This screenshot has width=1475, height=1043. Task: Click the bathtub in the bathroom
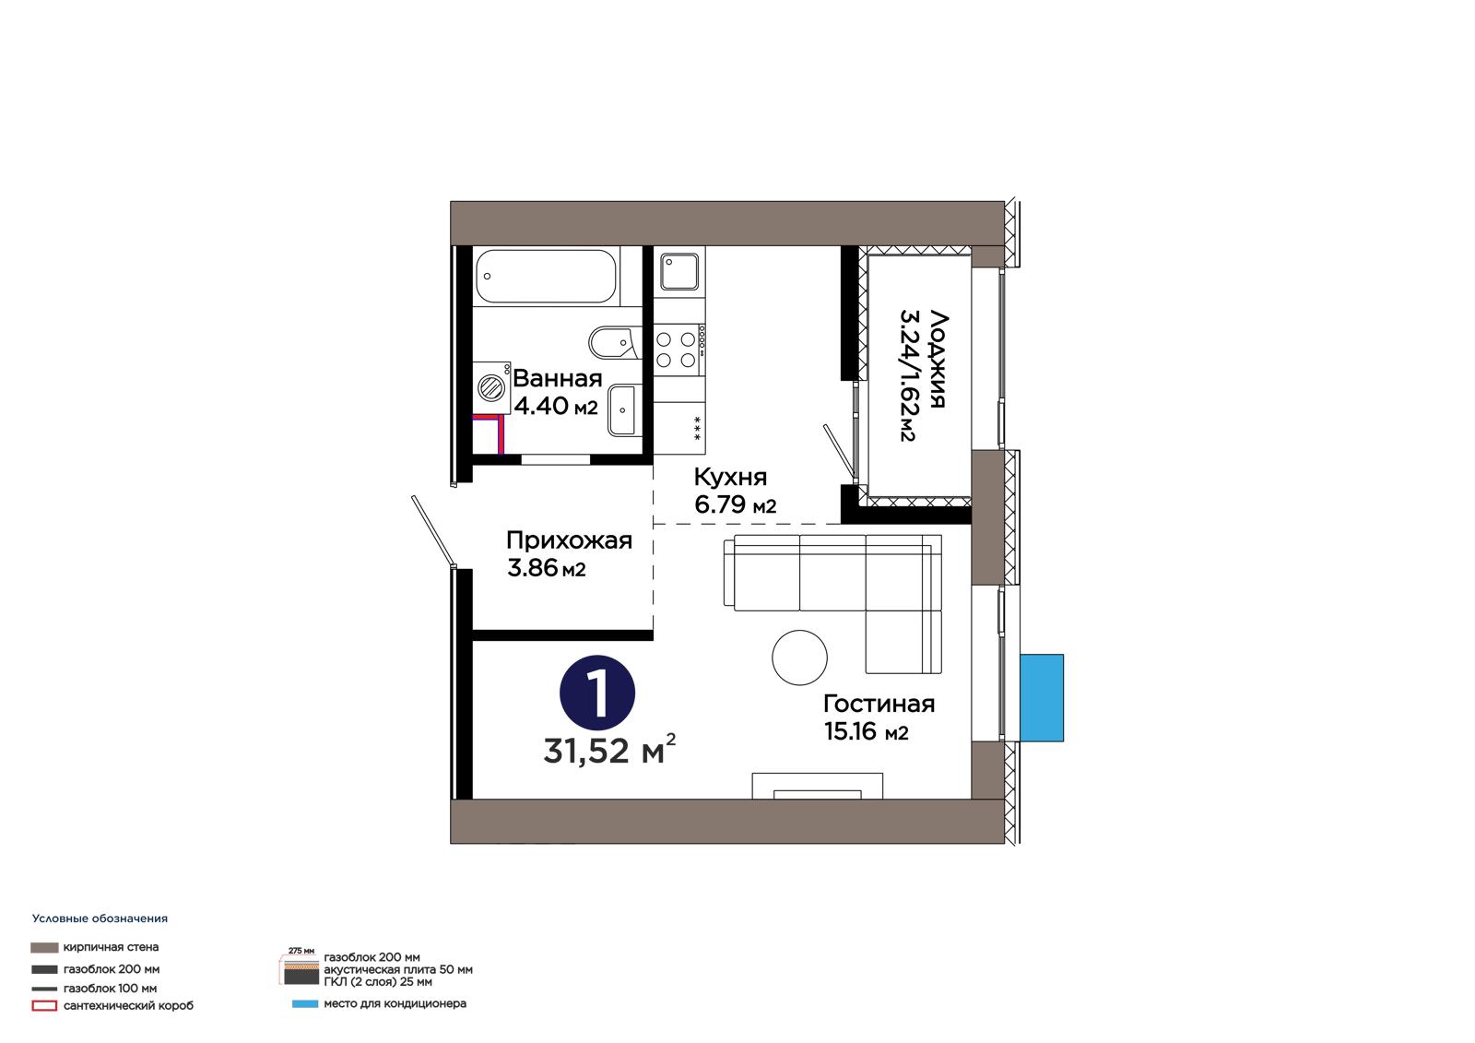coord(545,276)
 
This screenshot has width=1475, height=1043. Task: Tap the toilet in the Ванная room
coord(615,342)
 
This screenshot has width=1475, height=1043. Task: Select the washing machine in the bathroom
coord(491,387)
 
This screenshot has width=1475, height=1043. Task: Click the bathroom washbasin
coord(622,410)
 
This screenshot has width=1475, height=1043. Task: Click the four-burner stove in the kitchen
coord(678,350)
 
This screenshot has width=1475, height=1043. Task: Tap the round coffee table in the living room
coord(799,658)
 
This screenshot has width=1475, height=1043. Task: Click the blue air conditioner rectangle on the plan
coord(1042,698)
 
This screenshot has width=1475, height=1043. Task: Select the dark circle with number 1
coord(597,693)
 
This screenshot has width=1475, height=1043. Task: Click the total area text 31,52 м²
coord(609,751)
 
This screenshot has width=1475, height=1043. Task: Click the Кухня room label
coord(730,477)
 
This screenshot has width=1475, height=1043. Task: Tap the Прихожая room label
coord(569,540)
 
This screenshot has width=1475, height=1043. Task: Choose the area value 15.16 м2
coord(866,731)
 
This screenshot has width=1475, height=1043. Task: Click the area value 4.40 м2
coord(556,406)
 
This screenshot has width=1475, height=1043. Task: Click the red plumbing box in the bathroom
coord(489,434)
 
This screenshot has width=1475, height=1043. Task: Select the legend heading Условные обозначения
coord(100,919)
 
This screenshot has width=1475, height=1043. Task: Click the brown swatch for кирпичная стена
coord(44,947)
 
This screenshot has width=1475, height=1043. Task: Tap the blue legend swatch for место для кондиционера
coord(305,1004)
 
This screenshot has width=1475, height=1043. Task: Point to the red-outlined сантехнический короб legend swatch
coord(44,1006)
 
